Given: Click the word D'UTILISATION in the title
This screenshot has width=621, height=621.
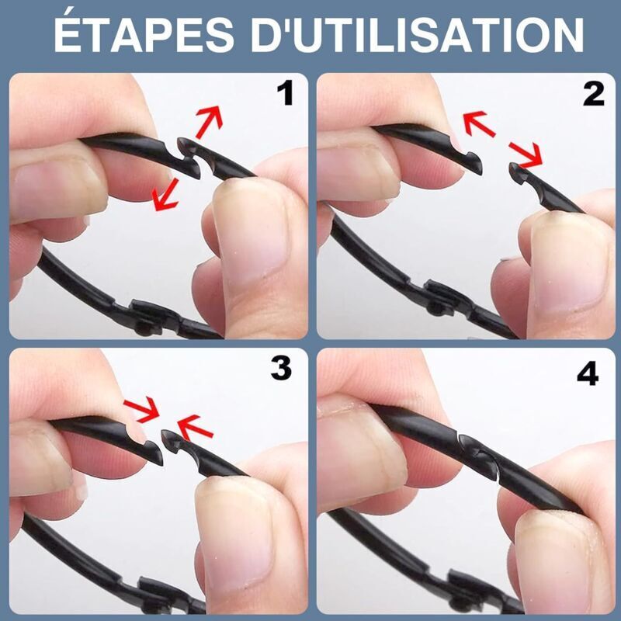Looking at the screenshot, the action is click(418, 35).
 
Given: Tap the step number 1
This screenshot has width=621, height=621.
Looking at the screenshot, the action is click(285, 93).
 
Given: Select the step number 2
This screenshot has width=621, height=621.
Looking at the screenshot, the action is click(594, 94).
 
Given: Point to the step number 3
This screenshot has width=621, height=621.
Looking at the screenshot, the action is click(281, 368).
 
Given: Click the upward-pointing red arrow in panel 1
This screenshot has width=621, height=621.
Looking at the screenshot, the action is click(210, 121).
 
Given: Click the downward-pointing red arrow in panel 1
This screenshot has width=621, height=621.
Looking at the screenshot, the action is click(166, 194).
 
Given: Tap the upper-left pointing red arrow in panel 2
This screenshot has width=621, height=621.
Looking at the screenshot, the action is click(479, 123).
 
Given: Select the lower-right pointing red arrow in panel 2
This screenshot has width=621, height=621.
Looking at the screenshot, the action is click(526, 154).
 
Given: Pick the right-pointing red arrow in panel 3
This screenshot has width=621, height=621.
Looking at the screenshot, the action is click(141, 409).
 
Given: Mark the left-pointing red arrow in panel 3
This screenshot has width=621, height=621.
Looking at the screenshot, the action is click(195, 427).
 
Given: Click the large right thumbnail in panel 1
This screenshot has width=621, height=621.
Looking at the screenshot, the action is click(249, 230).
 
